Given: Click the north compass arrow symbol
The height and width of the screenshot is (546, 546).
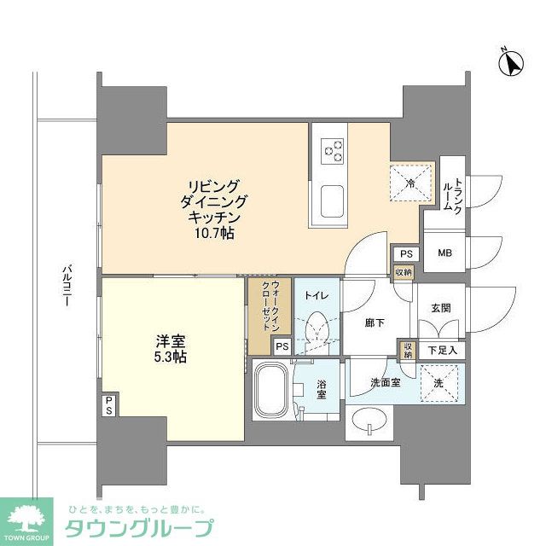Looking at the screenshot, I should (x=514, y=62).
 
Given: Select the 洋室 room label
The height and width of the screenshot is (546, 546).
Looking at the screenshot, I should (x=160, y=340).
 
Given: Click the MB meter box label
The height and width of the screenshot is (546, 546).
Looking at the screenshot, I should (x=445, y=253).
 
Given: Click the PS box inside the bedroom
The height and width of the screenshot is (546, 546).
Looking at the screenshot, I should (x=111, y=404).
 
